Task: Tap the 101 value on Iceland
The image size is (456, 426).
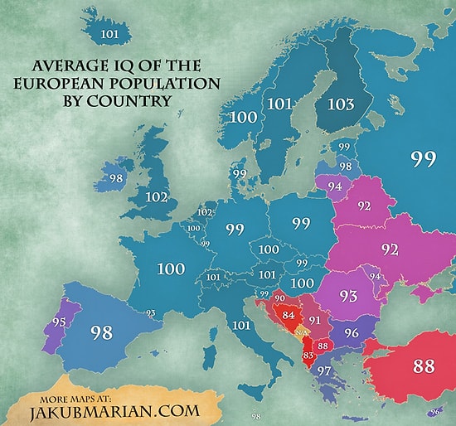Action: point(109,33)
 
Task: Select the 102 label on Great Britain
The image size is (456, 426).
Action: point(156,198)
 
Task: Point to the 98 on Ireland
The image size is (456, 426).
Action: point(116,179)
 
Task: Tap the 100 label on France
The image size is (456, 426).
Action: point(170,269)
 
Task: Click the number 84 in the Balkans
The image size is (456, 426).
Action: point(289,315)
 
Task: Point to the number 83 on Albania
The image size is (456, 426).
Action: point(309,356)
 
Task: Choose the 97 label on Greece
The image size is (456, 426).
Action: point(325,369)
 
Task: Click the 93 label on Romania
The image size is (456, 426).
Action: point(347,295)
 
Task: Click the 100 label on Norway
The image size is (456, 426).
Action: point(244,119)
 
